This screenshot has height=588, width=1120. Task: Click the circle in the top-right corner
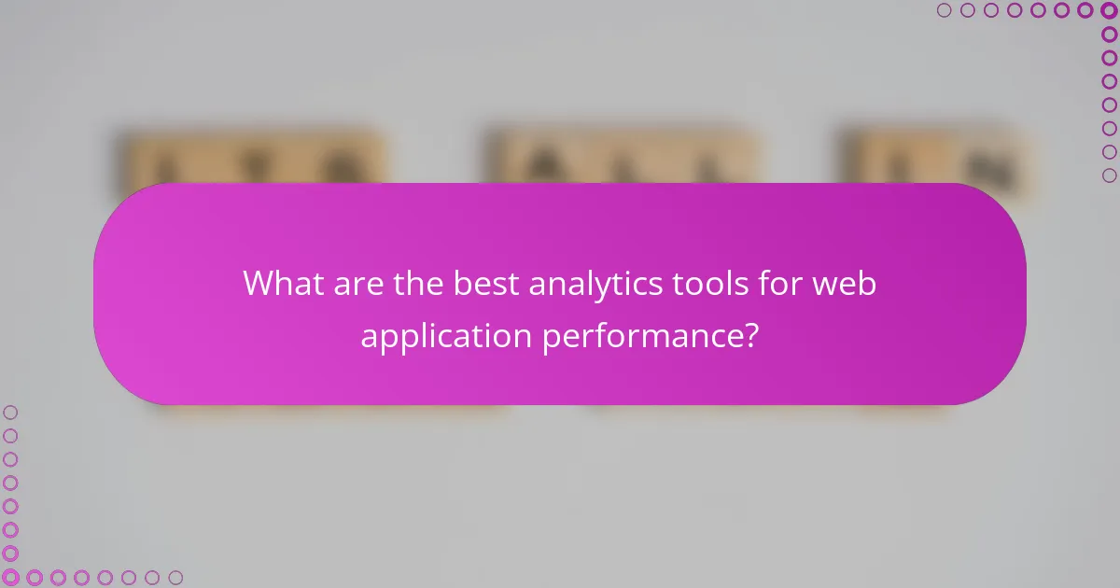point(1109,10)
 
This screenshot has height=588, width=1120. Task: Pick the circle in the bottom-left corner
point(10,578)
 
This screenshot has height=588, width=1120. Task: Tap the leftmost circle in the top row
point(944,10)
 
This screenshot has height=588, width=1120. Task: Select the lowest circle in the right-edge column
point(1109,175)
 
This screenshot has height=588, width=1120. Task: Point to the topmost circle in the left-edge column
point(10,412)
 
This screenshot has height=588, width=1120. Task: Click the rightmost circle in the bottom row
point(175,578)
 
